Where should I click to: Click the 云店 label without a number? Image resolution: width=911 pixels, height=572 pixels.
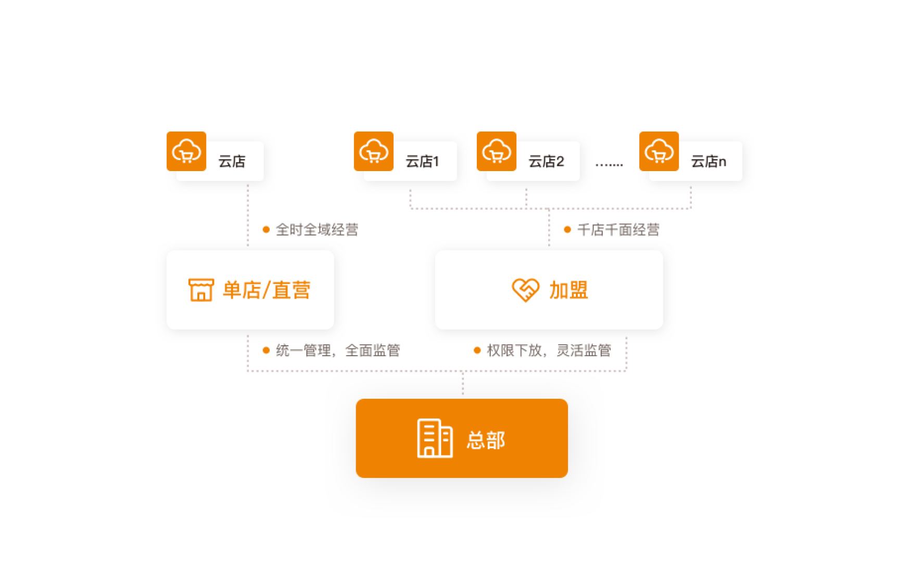pos(232,162)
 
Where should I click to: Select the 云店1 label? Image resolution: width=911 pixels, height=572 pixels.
pos(422,162)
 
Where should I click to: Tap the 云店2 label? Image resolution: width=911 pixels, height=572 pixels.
pos(546,162)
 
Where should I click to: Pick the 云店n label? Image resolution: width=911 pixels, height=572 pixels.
pos(708,162)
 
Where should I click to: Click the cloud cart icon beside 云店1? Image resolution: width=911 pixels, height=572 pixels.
pos(373,151)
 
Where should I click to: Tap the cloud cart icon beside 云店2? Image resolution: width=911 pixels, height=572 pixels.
pos(496,151)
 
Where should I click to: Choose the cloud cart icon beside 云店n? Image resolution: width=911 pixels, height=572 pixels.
pos(659,151)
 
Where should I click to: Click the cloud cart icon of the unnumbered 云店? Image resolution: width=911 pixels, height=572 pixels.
pos(186,151)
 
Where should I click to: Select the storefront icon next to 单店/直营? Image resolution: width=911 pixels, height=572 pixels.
pos(201,290)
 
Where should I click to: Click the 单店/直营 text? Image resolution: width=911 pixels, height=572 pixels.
pos(267,290)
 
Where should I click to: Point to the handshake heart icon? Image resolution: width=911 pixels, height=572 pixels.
pos(525,290)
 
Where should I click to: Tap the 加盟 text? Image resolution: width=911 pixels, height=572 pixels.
pos(568,290)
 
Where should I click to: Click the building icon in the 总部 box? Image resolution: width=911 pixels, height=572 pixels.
pos(435,438)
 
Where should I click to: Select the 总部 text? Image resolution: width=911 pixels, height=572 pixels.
pos(486,440)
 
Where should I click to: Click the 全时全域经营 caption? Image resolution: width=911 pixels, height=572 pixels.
pos(317,229)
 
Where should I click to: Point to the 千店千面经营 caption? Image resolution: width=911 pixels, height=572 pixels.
pos(618,230)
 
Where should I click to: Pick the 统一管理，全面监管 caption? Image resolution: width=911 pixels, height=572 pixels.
pos(337,350)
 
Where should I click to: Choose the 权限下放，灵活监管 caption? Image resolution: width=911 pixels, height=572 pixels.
pos(549,350)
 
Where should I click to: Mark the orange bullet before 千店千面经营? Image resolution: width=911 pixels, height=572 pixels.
pos(567,229)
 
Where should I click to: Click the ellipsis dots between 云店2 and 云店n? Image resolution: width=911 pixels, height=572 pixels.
pos(609,165)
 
